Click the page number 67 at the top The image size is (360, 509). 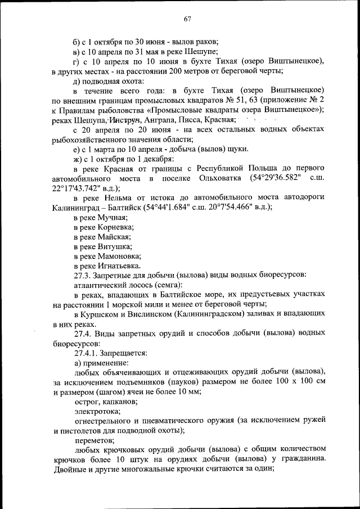point(187,19)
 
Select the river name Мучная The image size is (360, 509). point(112,217)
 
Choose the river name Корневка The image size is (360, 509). point(116,227)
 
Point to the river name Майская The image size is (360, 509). point(115,236)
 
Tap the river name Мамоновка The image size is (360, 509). point(119,256)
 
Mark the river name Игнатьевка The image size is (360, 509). point(119,265)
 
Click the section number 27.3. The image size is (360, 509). point(82,275)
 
